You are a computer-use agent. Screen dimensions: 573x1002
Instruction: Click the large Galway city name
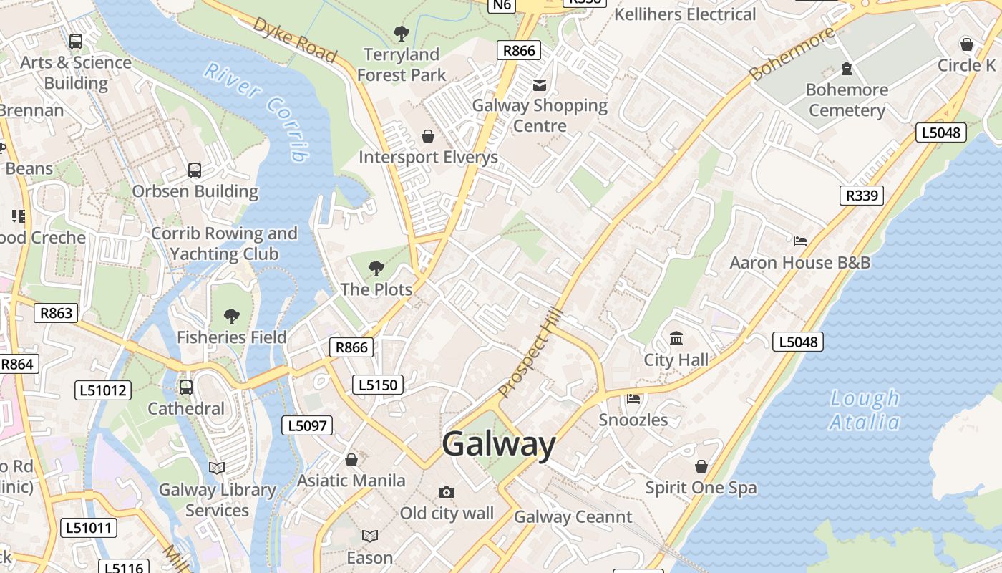pos(498,445)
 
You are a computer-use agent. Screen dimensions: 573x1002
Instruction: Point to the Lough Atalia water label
pos(864,410)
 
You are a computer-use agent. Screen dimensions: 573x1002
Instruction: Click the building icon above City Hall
pos(676,338)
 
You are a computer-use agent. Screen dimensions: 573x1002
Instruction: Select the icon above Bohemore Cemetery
pos(847,69)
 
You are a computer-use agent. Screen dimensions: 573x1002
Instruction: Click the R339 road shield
pos(861,196)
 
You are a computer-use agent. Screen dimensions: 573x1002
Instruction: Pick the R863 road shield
pos(56,313)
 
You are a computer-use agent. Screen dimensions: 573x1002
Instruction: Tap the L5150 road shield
pos(378,385)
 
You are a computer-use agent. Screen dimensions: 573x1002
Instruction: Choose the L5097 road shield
pos(307,425)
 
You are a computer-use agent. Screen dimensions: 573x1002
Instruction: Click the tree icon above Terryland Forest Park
pos(401,33)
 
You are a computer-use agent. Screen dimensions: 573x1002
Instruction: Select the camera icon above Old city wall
pos(447,492)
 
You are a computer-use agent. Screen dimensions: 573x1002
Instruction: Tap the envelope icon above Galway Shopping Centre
pos(540,85)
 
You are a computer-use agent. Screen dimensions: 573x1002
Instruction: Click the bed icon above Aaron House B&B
pos(799,241)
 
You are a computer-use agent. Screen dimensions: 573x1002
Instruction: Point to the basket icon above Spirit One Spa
pos(701,466)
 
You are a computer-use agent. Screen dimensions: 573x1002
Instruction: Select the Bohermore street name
pos(792,54)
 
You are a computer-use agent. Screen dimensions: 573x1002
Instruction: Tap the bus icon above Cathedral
pos(186,387)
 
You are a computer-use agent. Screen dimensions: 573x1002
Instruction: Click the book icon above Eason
pos(369,536)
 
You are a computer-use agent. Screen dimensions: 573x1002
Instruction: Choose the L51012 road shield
pos(103,390)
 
